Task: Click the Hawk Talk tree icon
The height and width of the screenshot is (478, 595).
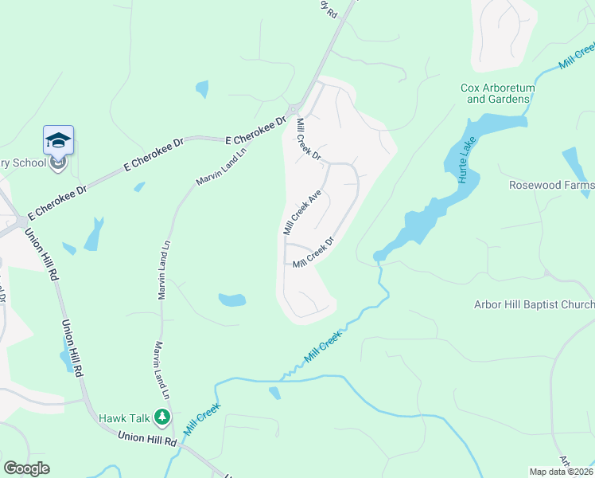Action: (162, 417)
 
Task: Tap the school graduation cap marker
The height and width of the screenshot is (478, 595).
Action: (58, 141)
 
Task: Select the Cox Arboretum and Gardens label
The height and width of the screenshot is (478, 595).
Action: (497, 93)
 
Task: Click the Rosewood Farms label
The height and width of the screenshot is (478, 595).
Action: (551, 185)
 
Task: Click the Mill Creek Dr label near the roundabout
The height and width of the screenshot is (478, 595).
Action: (307, 139)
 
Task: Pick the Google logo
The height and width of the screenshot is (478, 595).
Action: (27, 468)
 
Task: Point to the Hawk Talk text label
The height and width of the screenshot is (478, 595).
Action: (123, 417)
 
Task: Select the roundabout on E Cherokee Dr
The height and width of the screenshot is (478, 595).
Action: (293, 109)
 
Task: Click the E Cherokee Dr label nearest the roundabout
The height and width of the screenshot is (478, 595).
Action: (255, 129)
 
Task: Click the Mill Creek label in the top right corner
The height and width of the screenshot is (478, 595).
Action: (576, 56)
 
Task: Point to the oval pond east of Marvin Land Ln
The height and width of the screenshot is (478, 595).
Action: (232, 300)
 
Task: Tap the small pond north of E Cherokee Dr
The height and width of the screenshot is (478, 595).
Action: (202, 89)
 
